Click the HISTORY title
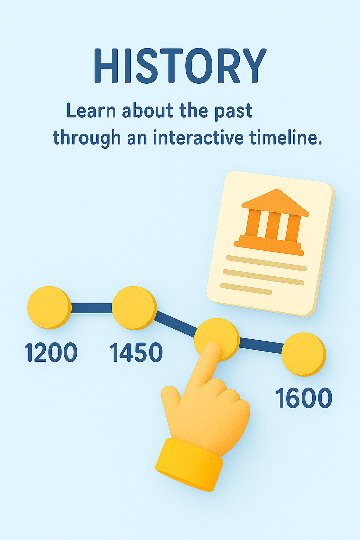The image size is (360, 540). [x=180, y=66]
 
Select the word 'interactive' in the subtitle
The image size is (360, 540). [x=198, y=138]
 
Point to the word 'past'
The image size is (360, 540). [x=233, y=112]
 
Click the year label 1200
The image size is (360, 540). [x=51, y=353]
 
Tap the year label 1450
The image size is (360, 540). [x=136, y=353]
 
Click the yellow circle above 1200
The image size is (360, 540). [x=50, y=308]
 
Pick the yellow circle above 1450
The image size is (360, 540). [x=135, y=308]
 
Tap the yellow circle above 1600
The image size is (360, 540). [x=304, y=354]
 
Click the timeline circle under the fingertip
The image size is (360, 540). [x=217, y=339]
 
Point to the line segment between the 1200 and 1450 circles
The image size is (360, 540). [x=92, y=308]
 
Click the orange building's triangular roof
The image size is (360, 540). [x=275, y=202]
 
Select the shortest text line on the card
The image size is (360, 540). [x=246, y=289]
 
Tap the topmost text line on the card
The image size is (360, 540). [x=266, y=263]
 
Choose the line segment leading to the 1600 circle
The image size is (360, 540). [x=261, y=346]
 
